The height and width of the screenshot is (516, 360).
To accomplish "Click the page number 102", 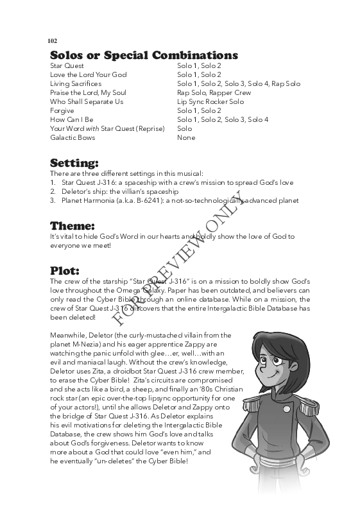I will (53, 40).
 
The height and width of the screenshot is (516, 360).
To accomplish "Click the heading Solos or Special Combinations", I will (144, 55).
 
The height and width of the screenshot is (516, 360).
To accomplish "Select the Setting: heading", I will (74, 162).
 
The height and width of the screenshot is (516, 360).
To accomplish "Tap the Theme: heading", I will (73, 225).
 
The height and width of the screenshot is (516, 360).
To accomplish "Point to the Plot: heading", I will (65, 270).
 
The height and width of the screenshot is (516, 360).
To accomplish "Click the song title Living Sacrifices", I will (76, 83).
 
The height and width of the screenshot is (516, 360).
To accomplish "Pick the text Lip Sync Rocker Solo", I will (210, 101).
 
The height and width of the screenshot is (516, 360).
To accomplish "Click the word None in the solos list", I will (186, 137).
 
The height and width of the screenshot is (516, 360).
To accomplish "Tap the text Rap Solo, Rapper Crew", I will (214, 92).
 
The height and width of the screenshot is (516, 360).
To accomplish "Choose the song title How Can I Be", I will (72, 119).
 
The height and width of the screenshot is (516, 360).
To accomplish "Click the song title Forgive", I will (62, 110).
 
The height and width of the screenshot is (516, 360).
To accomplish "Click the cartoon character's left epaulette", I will (252, 411).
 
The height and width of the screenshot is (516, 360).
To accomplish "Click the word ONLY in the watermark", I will (228, 211).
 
